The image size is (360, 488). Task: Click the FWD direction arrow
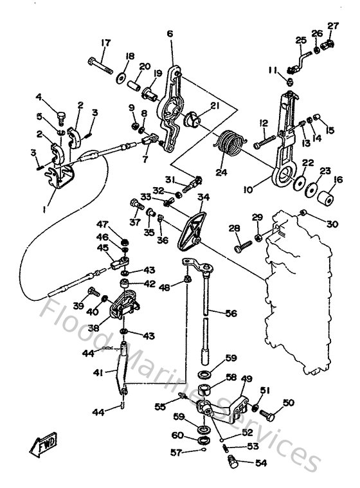[40, 444]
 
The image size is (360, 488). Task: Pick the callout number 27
[332, 25]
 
